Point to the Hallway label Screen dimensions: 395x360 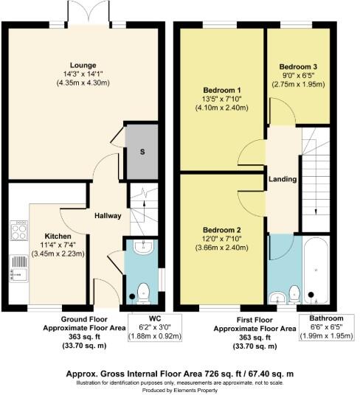pos(107,215)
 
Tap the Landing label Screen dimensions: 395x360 pos(283,179)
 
